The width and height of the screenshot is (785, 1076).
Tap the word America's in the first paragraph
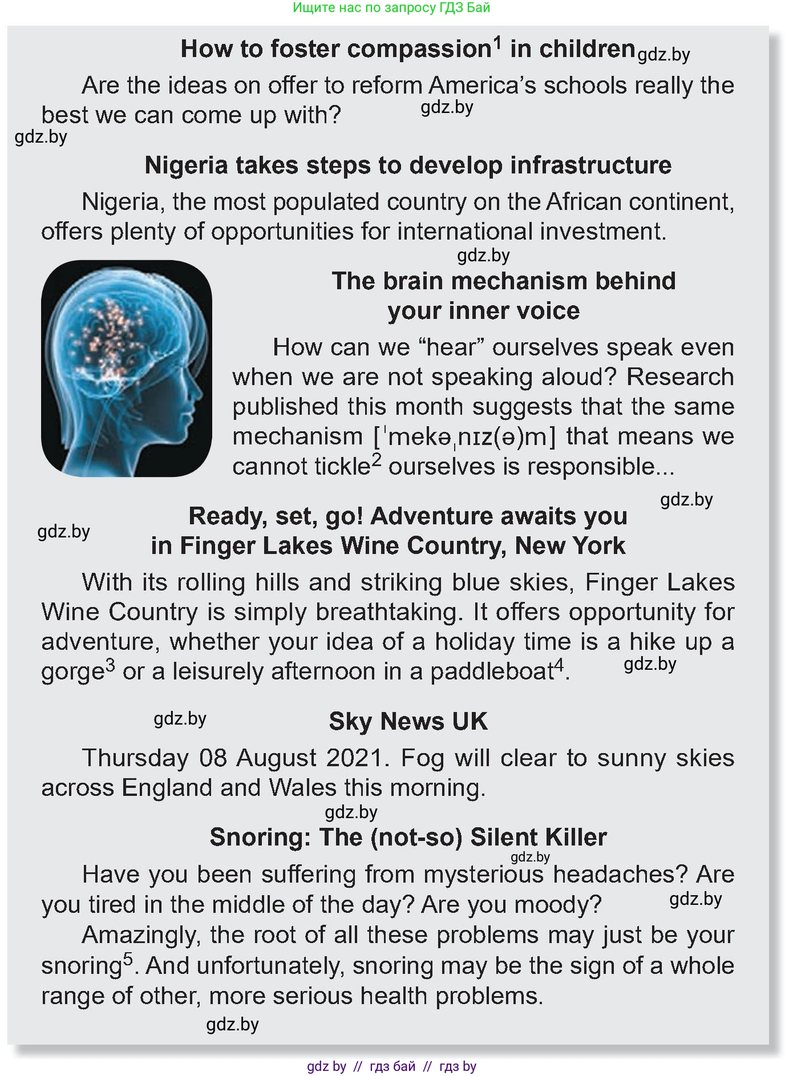tap(482, 86)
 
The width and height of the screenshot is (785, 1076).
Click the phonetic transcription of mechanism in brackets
tap(464, 437)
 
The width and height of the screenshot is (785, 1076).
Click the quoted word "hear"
tap(451, 347)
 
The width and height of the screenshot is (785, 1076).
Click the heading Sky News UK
tap(408, 722)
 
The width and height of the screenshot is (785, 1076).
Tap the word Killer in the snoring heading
tap(574, 838)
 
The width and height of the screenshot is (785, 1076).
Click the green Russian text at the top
tap(391, 7)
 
